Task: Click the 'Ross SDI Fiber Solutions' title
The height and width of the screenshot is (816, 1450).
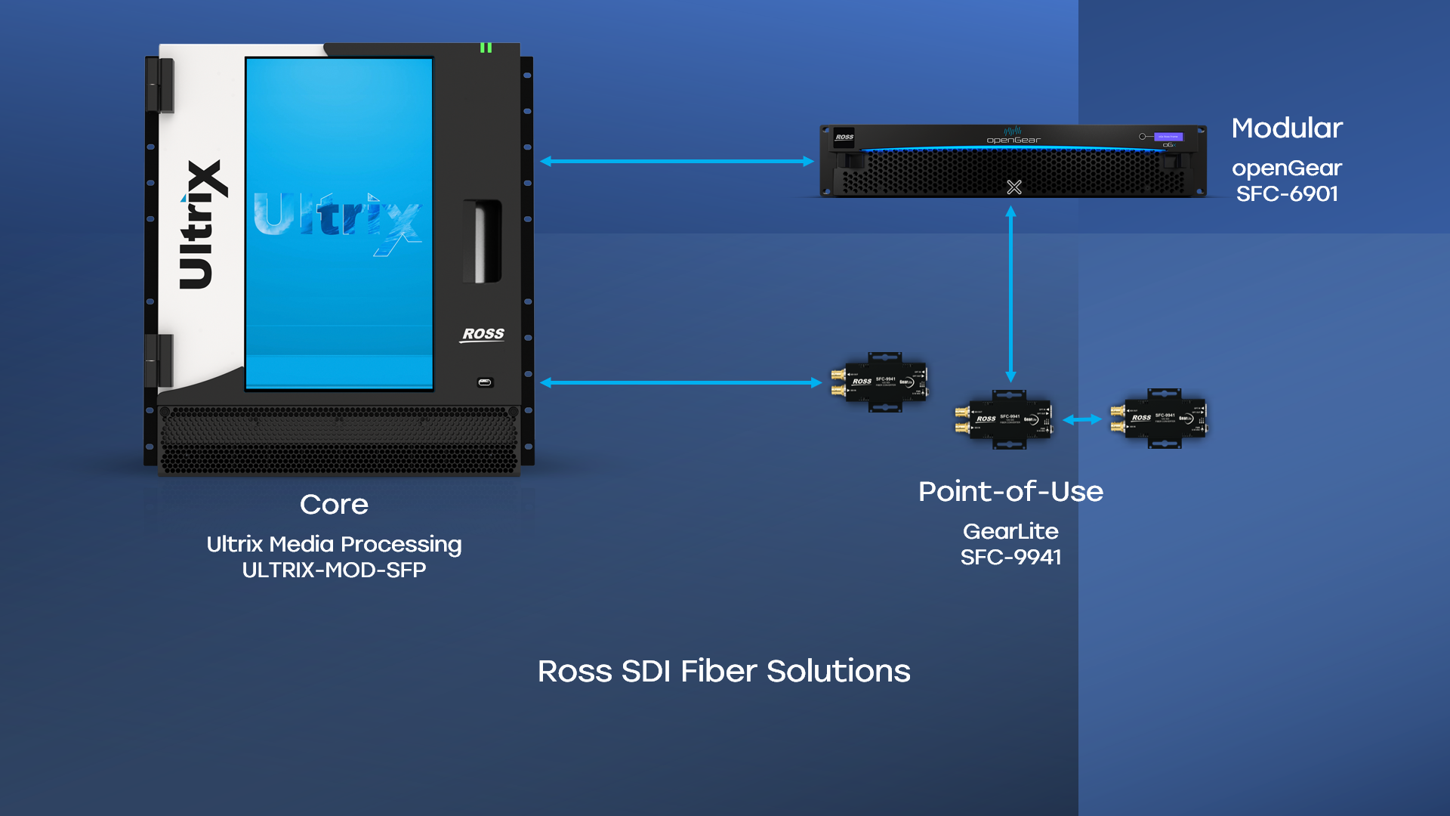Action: tap(723, 671)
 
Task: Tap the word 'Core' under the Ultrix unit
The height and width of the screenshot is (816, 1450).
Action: tap(334, 505)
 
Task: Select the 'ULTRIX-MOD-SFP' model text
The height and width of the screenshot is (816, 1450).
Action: tap(334, 570)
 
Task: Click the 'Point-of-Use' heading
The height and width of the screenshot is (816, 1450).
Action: tap(1010, 492)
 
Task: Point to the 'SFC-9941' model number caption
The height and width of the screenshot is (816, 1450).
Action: tap(1010, 558)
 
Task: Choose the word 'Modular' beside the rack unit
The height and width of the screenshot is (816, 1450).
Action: tap(1287, 128)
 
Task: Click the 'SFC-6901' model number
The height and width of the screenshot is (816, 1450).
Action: tap(1287, 194)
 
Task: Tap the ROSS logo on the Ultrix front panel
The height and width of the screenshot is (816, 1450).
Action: tap(483, 334)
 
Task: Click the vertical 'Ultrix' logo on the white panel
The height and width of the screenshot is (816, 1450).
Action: tap(202, 224)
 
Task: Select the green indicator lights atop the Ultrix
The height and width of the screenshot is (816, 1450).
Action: tap(486, 48)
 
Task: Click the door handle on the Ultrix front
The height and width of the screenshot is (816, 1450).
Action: tap(483, 242)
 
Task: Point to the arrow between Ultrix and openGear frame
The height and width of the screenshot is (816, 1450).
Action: tap(677, 161)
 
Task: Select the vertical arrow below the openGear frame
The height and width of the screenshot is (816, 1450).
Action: tap(1010, 295)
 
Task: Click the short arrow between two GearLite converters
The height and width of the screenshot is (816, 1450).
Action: tap(1081, 419)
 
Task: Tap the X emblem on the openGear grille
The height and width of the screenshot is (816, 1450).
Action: tap(1014, 187)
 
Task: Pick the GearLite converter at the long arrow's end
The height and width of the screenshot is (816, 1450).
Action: tap(881, 382)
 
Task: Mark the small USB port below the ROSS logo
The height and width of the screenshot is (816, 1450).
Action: tap(485, 382)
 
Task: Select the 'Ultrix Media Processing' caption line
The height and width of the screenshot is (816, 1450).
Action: tap(334, 544)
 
